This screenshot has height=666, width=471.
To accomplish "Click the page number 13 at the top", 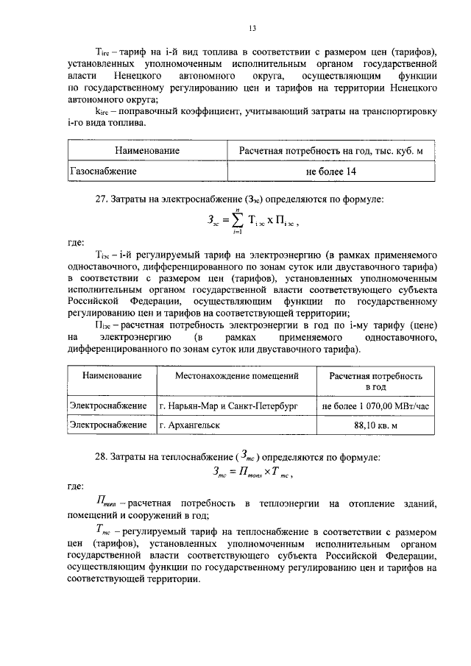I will pos(251,29).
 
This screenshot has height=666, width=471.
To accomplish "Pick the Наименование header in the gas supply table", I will pos(147,151).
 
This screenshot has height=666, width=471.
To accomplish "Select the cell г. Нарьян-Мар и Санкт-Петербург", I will pos(233,405).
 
